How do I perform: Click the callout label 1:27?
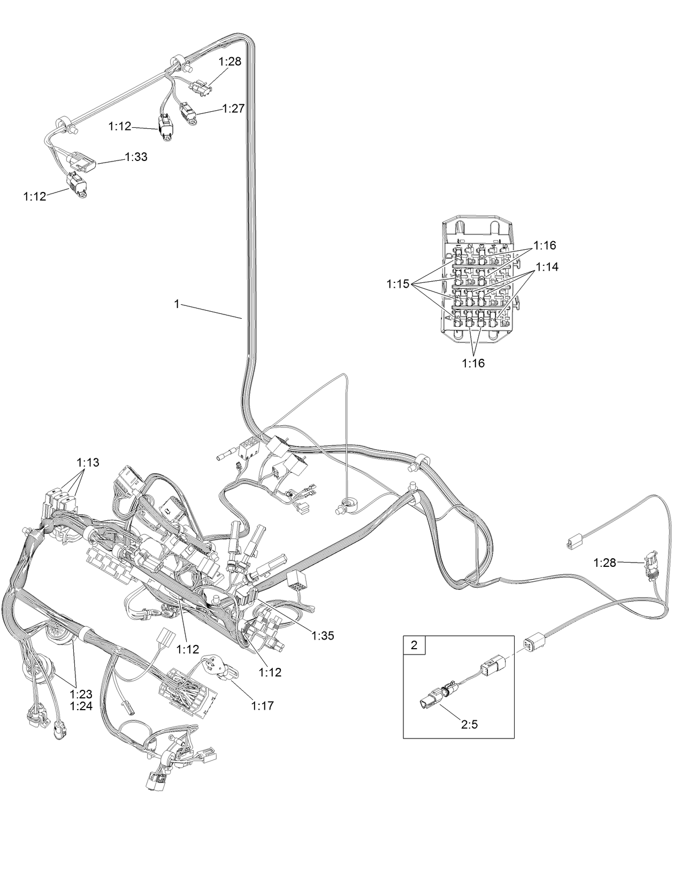(x=233, y=109)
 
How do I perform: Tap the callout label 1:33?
(x=136, y=157)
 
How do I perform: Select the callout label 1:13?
(x=88, y=463)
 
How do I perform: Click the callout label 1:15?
(x=397, y=284)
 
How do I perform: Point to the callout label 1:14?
(x=547, y=267)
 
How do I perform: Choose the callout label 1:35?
(x=323, y=636)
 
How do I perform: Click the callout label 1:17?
(x=262, y=706)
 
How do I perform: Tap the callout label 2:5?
(x=469, y=725)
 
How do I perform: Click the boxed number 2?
(x=414, y=645)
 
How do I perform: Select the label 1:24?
(x=81, y=706)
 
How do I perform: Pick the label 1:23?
(x=81, y=694)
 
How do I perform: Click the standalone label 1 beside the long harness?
(x=176, y=304)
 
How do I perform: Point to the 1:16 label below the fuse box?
(x=473, y=363)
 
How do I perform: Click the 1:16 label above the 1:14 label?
(x=545, y=245)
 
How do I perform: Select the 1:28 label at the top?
(x=230, y=61)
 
